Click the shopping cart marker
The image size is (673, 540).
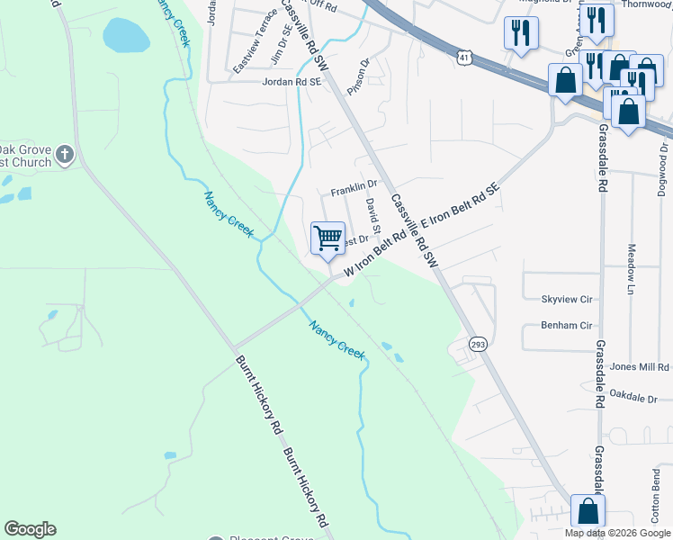328,238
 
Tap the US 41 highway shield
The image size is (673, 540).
462,57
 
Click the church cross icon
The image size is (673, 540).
64,156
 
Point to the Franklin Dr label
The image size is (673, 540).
353,189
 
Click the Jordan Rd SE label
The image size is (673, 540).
292,81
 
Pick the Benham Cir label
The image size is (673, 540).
566,325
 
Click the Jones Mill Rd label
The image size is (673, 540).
640,367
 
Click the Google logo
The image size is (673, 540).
30,529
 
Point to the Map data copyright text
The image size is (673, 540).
617,533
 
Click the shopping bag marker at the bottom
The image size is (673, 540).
588,510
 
